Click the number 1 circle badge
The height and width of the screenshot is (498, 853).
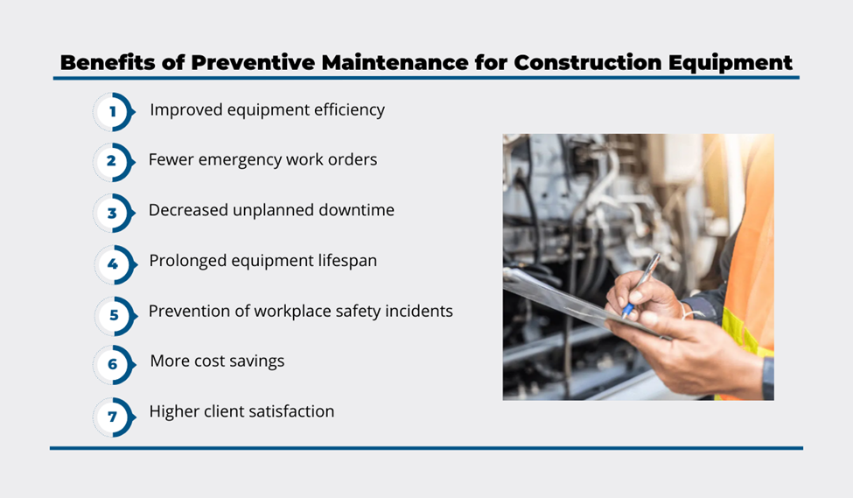113,112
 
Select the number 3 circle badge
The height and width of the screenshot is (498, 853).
113,213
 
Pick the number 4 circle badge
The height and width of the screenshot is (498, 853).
115,264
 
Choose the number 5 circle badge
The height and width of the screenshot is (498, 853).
115,316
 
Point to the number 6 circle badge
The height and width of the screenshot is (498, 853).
113,365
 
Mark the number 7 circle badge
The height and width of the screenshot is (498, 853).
113,417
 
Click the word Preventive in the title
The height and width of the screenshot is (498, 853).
253,63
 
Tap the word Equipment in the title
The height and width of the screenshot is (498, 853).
730,64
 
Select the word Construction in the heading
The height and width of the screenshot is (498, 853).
588,63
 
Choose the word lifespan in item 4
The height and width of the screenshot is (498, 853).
347,261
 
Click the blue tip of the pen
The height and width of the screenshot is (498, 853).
627,311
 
